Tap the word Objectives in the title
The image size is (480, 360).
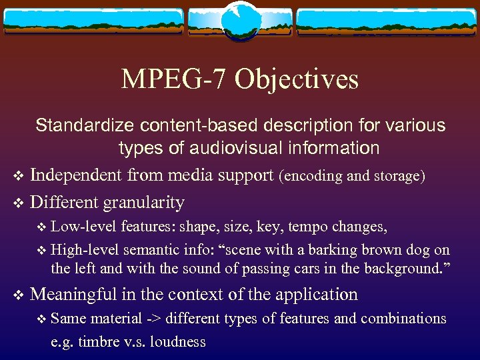[296, 79]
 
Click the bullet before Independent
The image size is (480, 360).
[18, 177]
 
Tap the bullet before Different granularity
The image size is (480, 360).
[18, 203]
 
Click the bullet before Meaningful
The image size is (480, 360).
[18, 295]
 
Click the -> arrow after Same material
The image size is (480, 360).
[154, 319]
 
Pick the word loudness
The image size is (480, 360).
[179, 342]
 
